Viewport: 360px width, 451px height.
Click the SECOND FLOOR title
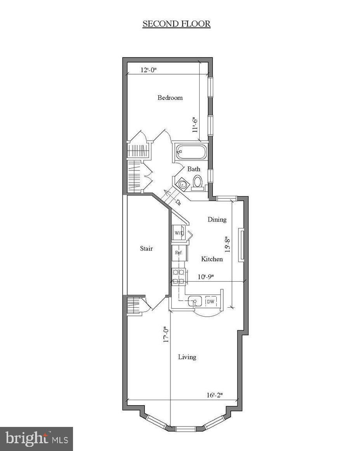176,24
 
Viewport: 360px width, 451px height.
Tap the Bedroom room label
170,98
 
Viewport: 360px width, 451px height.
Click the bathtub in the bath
190,152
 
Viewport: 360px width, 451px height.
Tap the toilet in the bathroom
198,182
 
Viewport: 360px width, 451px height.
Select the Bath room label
194,169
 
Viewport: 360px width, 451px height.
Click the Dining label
217,219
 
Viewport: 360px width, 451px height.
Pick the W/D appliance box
179,233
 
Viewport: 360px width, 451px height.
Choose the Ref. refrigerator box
179,252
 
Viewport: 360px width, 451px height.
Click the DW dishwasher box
210,301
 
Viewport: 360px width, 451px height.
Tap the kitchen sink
195,301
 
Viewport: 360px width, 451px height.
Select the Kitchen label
212,259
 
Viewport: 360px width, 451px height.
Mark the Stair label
146,249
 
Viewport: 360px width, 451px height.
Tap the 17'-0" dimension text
166,334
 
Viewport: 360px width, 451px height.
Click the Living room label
187,357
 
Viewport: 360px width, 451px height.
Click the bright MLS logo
37,439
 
